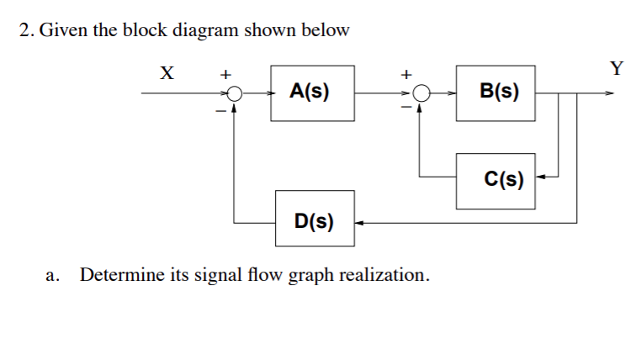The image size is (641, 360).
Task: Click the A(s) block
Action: [309, 92]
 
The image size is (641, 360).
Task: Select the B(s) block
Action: [495, 92]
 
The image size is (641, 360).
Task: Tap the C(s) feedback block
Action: [495, 179]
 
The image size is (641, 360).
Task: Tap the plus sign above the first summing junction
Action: [225, 75]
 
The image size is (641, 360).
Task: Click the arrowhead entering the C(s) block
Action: [541, 177]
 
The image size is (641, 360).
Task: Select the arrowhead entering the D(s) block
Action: [359, 223]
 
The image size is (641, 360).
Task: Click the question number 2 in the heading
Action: [26, 31]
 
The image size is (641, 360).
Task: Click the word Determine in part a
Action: [119, 275]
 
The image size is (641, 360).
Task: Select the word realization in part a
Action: [383, 275]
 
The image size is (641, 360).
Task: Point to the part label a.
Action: [53, 276]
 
